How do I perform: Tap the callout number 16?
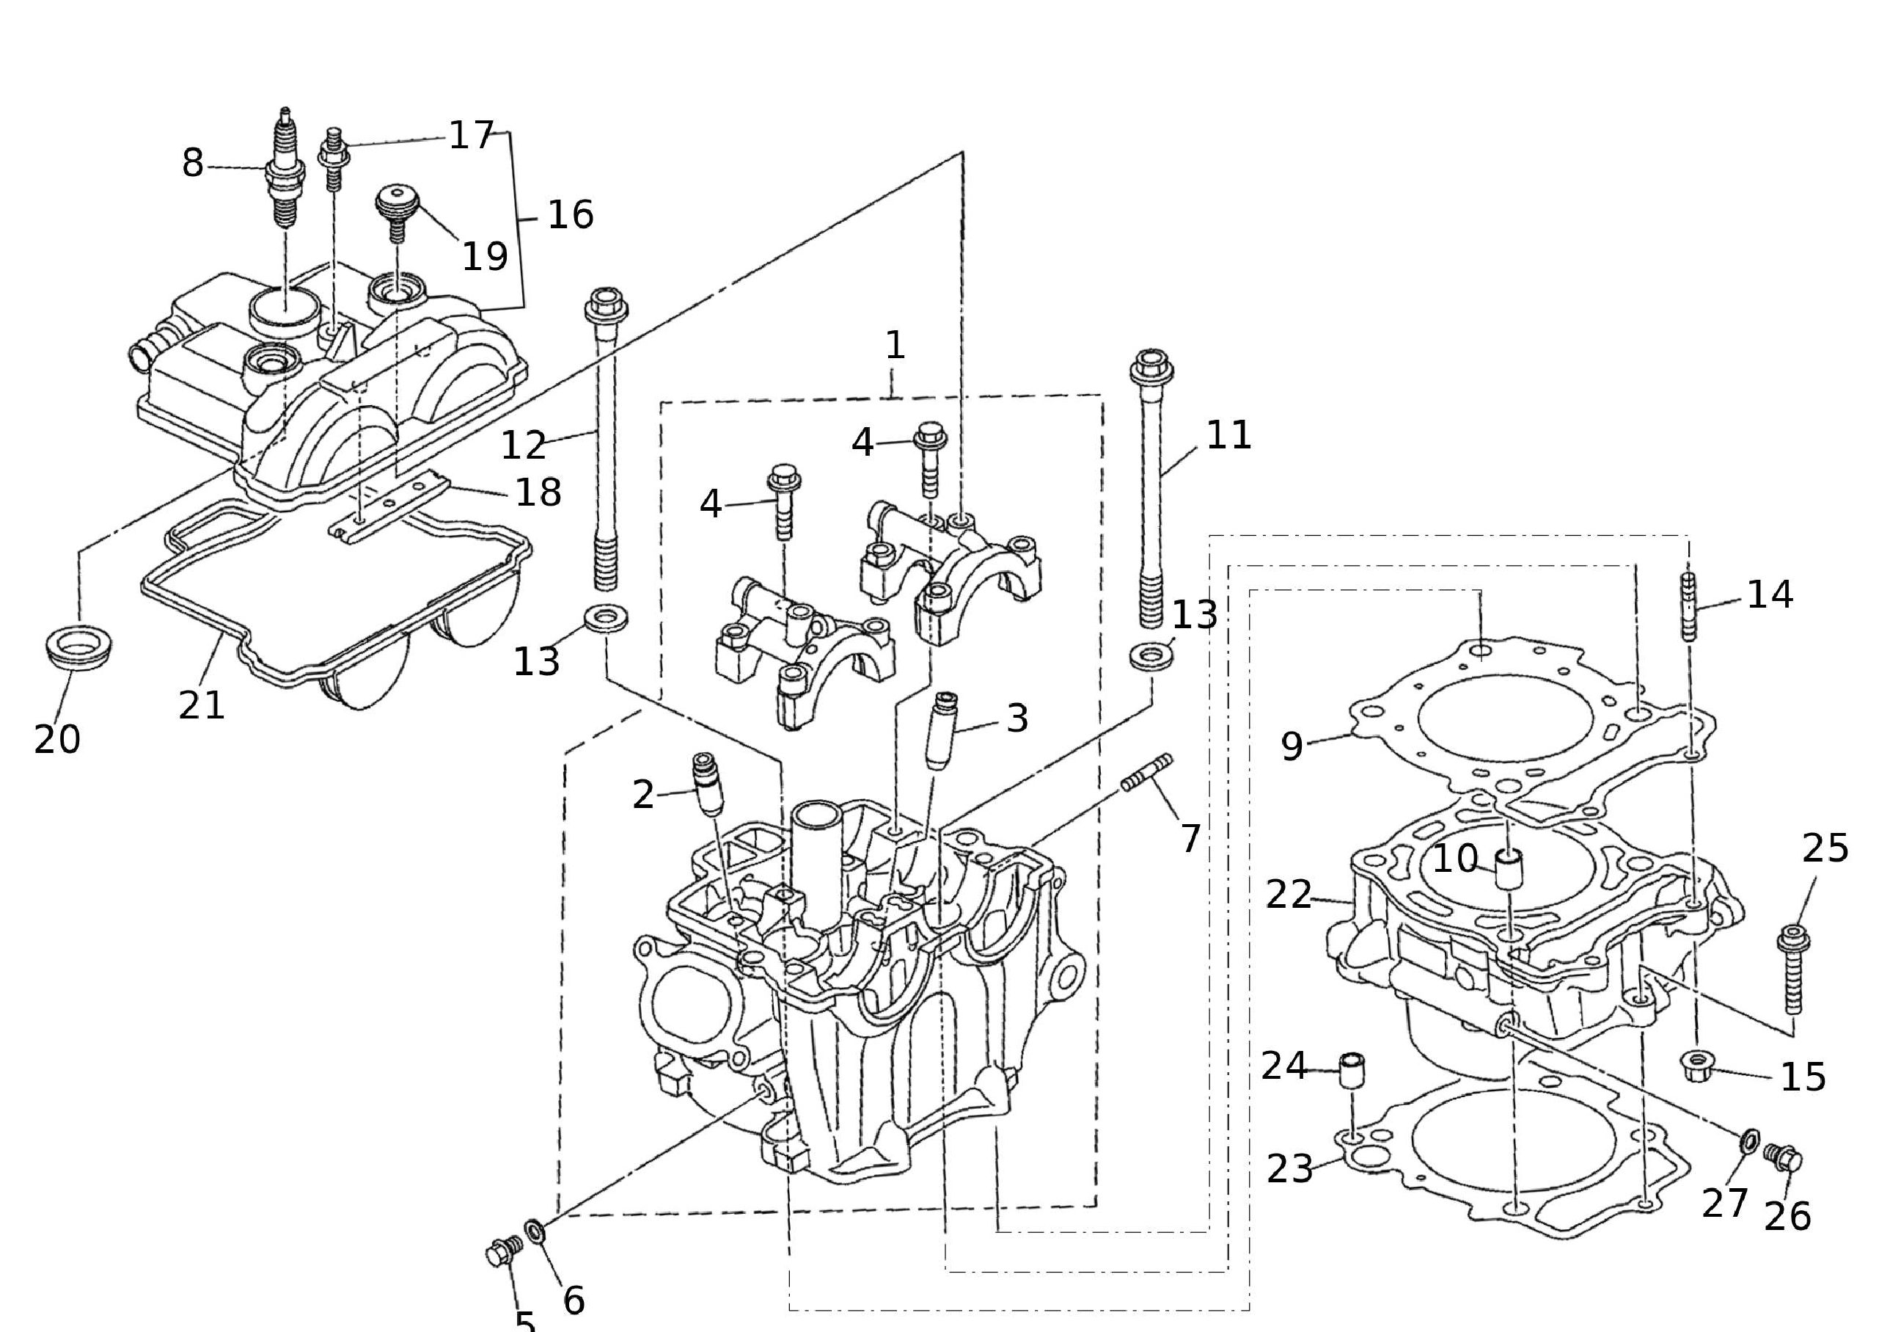tap(571, 215)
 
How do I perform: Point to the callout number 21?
tap(201, 706)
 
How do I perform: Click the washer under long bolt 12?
tap(605, 618)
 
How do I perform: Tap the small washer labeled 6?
tap(535, 1231)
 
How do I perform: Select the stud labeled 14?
tap(1689, 606)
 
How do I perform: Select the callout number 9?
tap(1292, 746)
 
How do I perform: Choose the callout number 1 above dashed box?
tap(894, 346)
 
